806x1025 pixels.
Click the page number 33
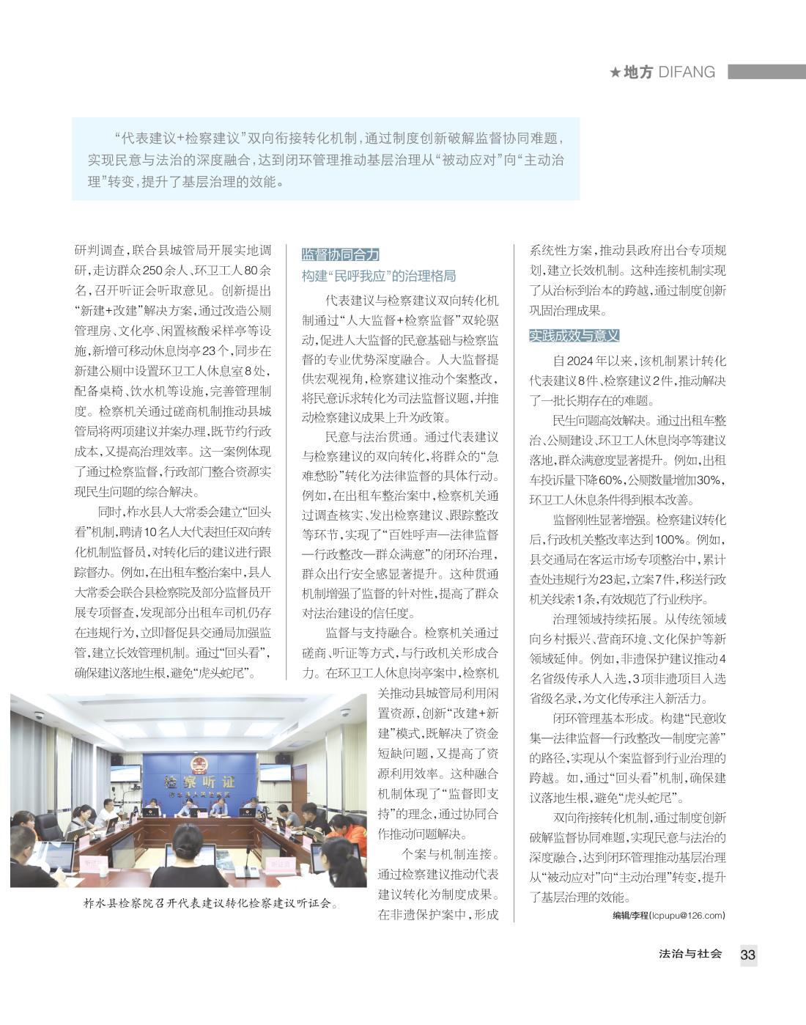(x=747, y=955)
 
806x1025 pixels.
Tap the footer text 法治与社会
(x=690, y=954)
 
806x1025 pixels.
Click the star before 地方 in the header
(x=615, y=72)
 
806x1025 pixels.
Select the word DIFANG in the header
(x=687, y=72)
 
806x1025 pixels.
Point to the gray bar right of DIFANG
(x=766, y=72)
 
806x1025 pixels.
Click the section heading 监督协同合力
(x=341, y=254)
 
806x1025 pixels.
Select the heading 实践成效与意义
(x=574, y=336)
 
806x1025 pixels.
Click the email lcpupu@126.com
(x=687, y=915)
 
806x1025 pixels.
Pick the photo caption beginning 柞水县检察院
(x=212, y=903)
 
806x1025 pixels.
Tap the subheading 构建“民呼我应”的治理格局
(x=379, y=276)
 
